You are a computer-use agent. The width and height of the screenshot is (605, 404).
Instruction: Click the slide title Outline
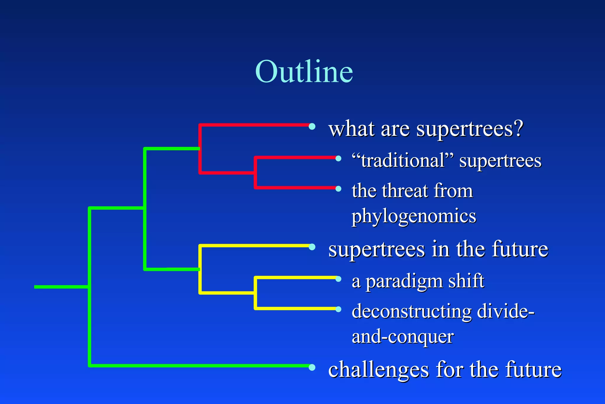(304, 72)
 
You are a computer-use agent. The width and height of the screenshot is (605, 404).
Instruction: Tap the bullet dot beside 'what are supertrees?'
(312, 127)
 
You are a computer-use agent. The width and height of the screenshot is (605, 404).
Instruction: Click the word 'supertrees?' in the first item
(470, 129)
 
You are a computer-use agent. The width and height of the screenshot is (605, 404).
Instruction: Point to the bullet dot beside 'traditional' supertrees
(339, 159)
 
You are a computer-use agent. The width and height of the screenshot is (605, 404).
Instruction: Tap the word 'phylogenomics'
(414, 216)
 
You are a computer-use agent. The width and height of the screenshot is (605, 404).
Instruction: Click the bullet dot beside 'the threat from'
(339, 189)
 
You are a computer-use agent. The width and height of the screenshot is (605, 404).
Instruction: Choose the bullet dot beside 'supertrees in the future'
(312, 247)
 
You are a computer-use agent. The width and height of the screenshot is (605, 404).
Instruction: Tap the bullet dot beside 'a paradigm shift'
(339, 279)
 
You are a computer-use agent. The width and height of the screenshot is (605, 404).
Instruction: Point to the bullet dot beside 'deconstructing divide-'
(339, 309)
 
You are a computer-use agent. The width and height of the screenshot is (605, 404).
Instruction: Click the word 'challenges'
(378, 370)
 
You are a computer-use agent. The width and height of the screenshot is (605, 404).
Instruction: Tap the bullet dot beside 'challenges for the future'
(312, 367)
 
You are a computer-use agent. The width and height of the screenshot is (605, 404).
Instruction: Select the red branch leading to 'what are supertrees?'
(254, 125)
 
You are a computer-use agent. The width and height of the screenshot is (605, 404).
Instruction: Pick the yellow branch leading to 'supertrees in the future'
(254, 246)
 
